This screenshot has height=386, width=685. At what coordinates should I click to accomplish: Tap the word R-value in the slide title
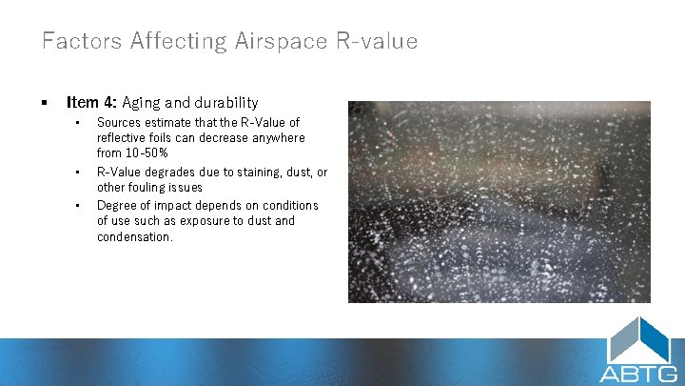pos(381,41)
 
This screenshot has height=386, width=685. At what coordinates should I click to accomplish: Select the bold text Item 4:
pos(91,102)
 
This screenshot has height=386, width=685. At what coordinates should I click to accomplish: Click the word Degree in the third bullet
pos(117,205)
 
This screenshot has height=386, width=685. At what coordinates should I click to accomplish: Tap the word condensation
pos(135,236)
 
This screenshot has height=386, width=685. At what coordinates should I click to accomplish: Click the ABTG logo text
pos(638,373)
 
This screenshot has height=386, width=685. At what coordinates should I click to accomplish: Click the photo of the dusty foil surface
pos(499,201)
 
